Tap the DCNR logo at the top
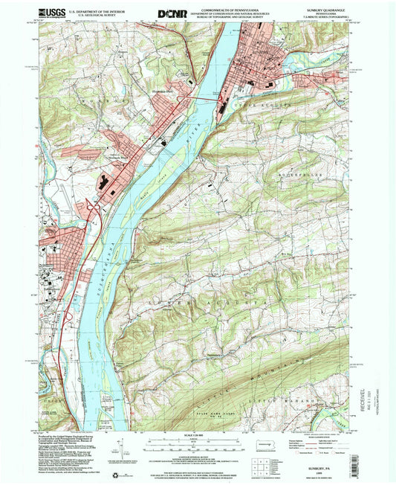[x=173, y=13]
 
